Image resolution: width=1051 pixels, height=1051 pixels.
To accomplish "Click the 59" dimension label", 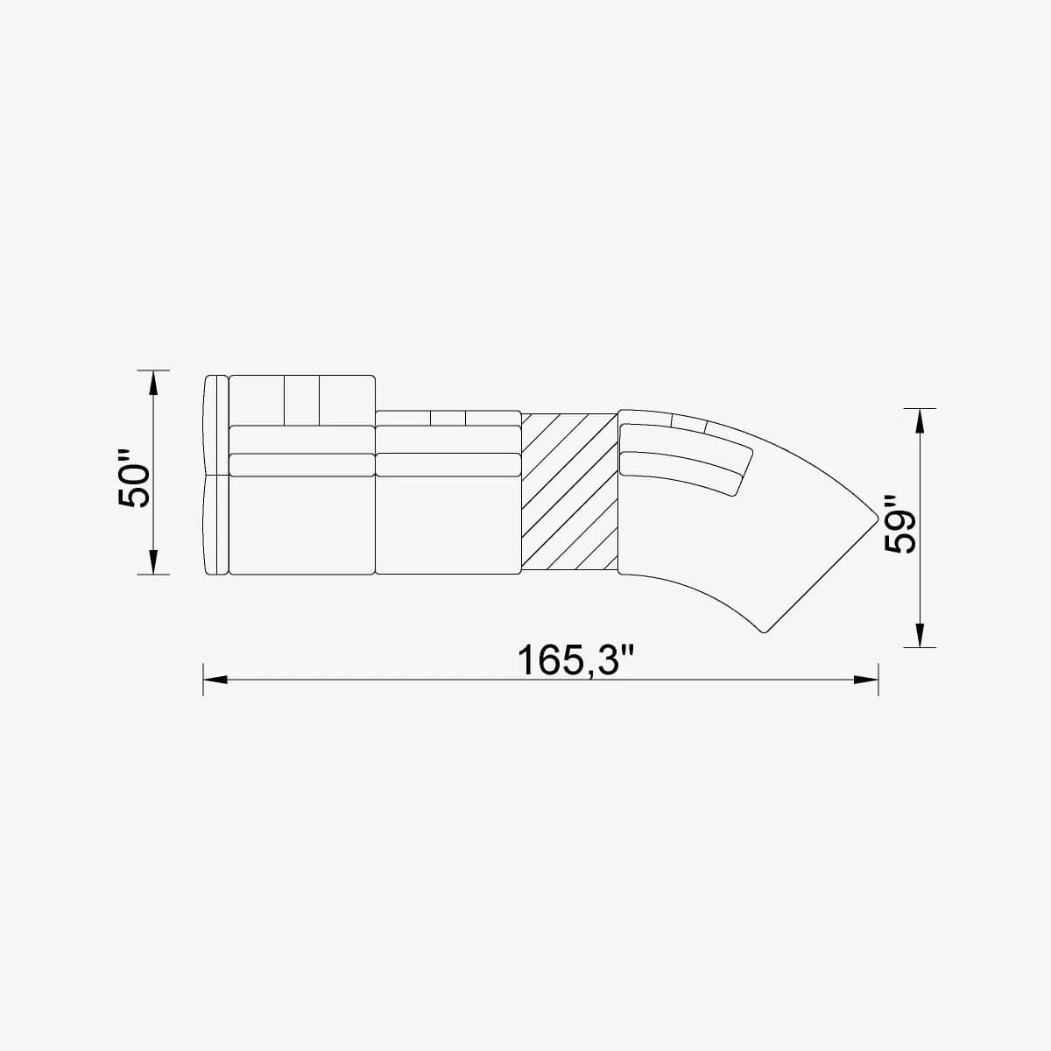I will [x=899, y=525].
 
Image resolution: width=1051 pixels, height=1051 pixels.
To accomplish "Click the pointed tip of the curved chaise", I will [x=877, y=516].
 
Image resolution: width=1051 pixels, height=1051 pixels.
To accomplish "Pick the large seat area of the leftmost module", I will [x=301, y=525].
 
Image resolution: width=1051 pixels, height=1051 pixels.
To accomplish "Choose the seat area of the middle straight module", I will [x=447, y=525].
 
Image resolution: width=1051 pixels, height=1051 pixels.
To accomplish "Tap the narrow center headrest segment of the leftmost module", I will [x=301, y=399].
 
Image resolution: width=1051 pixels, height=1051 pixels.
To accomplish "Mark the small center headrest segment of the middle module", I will [x=447, y=419].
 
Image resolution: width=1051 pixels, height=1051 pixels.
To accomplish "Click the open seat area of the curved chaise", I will [x=744, y=552].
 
